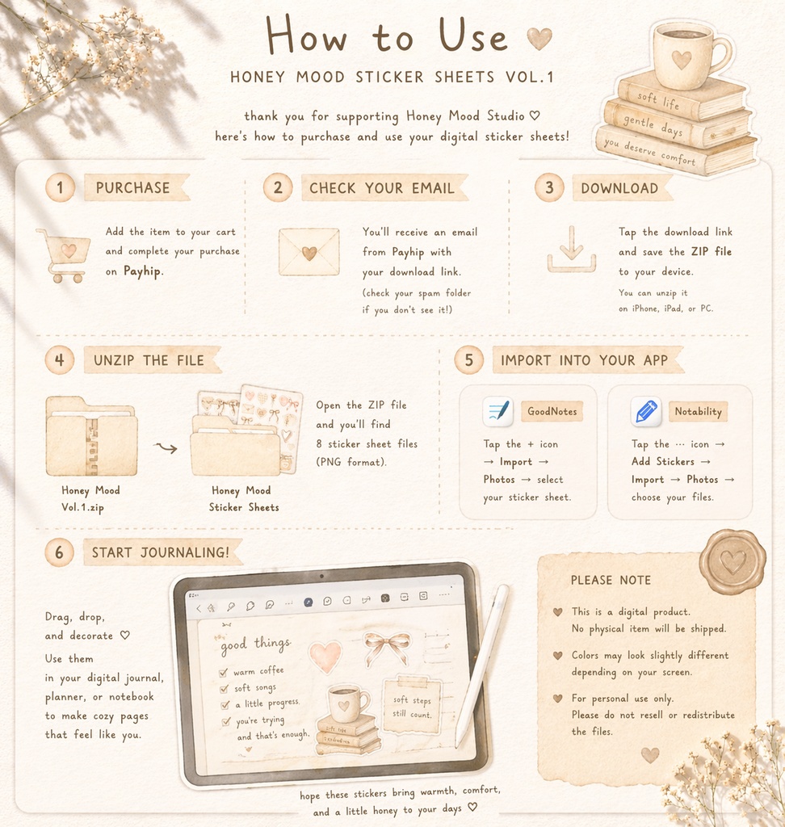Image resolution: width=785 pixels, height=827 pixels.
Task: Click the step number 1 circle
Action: pyautogui.click(x=60, y=187)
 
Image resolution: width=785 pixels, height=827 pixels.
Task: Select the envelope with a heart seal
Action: pyautogui.click(x=309, y=252)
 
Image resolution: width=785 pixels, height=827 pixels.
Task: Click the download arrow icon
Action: pyautogui.click(x=571, y=249)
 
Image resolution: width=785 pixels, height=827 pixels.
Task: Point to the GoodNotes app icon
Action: pyautogui.click(x=497, y=411)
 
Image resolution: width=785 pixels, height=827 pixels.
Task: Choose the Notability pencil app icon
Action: pyautogui.click(x=646, y=412)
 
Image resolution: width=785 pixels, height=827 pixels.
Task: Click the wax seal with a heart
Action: pyautogui.click(x=733, y=562)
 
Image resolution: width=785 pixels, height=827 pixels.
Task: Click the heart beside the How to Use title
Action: pyautogui.click(x=539, y=39)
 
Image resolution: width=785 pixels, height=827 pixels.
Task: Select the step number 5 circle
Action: pyautogui.click(x=468, y=360)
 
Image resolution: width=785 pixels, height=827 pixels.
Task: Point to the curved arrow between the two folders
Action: pyautogui.click(x=165, y=448)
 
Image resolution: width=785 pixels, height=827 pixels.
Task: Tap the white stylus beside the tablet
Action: pyautogui.click(x=482, y=666)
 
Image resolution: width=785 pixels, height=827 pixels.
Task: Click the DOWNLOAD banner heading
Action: pyautogui.click(x=620, y=188)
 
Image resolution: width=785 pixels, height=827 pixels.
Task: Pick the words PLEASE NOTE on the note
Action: pyautogui.click(x=611, y=580)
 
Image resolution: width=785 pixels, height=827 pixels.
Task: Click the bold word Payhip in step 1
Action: pyautogui.click(x=142, y=271)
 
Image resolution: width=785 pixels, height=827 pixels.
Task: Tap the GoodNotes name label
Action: pyautogui.click(x=552, y=411)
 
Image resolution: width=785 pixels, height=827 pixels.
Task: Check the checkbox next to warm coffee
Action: pyautogui.click(x=223, y=673)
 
